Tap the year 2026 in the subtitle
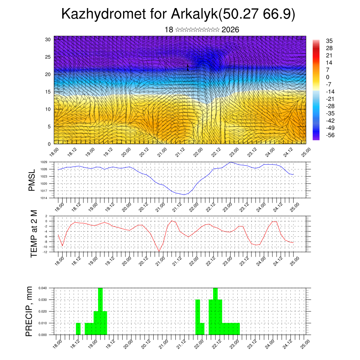[x=230, y=30]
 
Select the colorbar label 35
[x=329, y=41]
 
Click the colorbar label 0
[x=328, y=77]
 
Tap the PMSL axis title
[x=32, y=180]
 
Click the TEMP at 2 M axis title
[x=34, y=234]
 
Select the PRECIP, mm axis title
[x=30, y=311]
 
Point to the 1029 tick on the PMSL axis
[x=44, y=162]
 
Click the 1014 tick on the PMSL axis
[x=44, y=198]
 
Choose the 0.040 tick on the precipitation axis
[x=43, y=288]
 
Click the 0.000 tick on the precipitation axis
[x=43, y=335]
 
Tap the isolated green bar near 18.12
[x=78, y=329]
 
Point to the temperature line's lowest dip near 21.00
[x=159, y=251]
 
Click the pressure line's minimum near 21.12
[x=184, y=194]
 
